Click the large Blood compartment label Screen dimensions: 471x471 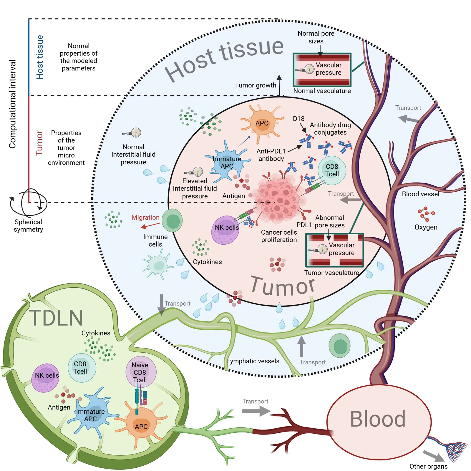pyautogui.click(x=378, y=419)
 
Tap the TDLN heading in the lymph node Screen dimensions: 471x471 pyautogui.click(x=56, y=318)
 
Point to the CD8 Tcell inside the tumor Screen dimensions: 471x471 pyautogui.click(x=332, y=170)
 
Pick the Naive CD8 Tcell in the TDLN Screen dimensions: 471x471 pyautogui.click(x=141, y=372)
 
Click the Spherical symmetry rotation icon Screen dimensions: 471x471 pyautogui.click(x=28, y=203)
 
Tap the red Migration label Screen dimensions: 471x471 pyautogui.click(x=145, y=218)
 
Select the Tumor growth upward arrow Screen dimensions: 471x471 pyautogui.click(x=279, y=85)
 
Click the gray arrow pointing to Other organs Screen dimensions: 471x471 pyautogui.click(x=433, y=456)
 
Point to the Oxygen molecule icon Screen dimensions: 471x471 pyautogui.click(x=426, y=214)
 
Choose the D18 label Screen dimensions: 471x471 pyautogui.click(x=298, y=119)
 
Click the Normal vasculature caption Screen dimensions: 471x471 pyautogui.click(x=322, y=91)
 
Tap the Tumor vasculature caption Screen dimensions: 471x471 pyautogui.click(x=332, y=273)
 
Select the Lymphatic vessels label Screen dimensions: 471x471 pyautogui.click(x=253, y=361)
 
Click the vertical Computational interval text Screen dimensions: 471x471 pyautogui.click(x=12, y=104)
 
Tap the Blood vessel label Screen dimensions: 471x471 pyautogui.click(x=421, y=194)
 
